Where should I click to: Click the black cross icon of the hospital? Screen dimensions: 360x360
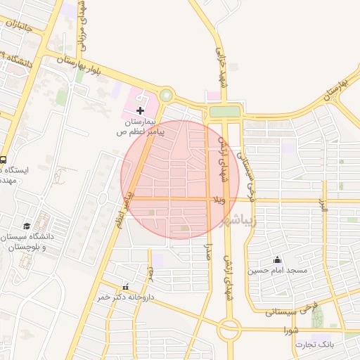(x=140, y=110)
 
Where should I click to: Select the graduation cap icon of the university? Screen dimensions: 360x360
(x=27, y=226)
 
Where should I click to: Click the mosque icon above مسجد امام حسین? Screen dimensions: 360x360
(x=278, y=259)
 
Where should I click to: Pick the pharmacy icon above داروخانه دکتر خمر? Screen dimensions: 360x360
(x=126, y=287)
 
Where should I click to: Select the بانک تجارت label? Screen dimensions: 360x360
(x=314, y=345)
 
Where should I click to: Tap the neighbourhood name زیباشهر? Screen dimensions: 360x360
(x=249, y=221)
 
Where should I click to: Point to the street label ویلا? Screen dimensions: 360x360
(x=222, y=200)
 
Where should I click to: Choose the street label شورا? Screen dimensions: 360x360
(x=292, y=329)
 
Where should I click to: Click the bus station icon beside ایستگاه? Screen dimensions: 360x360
(x=4, y=159)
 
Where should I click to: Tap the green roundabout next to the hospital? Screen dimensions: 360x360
(x=166, y=95)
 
